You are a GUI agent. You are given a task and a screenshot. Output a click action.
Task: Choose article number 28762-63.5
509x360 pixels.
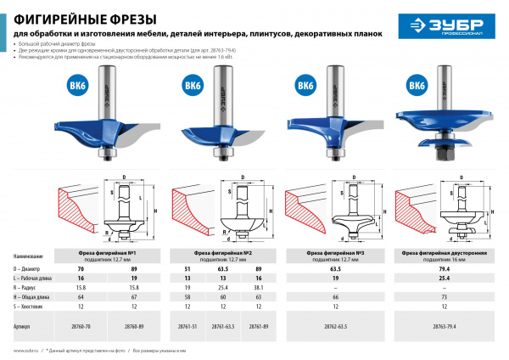tap(336, 325)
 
